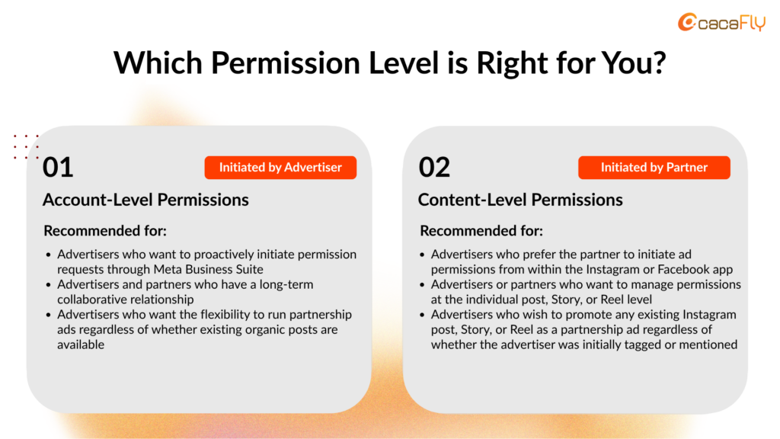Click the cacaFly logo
[x=722, y=22]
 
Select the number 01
[x=58, y=167]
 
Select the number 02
[x=434, y=167]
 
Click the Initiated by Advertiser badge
[x=280, y=167]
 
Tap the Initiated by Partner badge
[x=654, y=167]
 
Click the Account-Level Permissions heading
[x=145, y=200]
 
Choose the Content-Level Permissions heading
[x=520, y=200]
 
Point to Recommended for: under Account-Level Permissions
[x=105, y=231]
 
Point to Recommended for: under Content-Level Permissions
[x=481, y=231]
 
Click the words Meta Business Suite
[x=209, y=269]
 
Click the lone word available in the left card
[x=81, y=344]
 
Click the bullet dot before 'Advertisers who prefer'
[x=422, y=255]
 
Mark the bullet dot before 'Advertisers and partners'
[x=48, y=285]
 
